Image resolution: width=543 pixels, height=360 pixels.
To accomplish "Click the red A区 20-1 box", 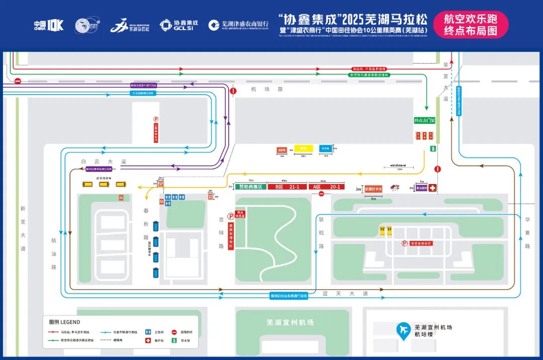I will (327, 187).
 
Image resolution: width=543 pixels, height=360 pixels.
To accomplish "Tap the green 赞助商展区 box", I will (251, 187).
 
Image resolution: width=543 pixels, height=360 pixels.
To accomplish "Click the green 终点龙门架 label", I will (424, 121).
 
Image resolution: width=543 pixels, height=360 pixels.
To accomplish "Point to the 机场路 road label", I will (260, 89).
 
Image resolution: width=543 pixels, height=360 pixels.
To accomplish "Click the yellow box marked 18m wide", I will (303, 149).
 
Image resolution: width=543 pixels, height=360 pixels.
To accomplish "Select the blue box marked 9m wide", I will (325, 148).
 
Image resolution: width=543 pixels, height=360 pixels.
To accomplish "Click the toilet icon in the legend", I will (148, 332).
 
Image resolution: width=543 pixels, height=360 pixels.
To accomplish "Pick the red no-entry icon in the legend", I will (174, 332).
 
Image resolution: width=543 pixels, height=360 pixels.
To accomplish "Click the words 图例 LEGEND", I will (64, 322).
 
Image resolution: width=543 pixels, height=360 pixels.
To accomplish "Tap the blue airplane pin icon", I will (403, 330).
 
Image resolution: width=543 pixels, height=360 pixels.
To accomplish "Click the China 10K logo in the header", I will (49, 25).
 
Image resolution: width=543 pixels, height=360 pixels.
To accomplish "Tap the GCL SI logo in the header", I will (178, 25).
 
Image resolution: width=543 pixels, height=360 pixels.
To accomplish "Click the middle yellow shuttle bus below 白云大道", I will (104, 184).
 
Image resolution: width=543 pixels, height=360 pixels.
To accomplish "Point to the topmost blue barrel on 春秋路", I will (156, 226).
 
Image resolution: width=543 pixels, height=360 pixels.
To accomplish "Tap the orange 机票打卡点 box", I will (374, 189).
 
